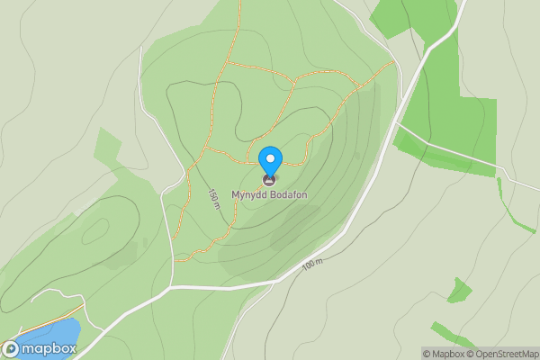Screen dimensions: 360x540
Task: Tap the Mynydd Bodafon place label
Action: [x=270, y=193]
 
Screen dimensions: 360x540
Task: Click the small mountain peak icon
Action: [x=270, y=180]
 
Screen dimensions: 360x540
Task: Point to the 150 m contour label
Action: [x=214, y=199]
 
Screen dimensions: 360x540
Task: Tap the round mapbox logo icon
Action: [x=12, y=348]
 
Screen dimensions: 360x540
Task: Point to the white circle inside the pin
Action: [x=270, y=159]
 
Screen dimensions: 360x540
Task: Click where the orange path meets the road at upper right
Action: [x=394, y=62]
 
